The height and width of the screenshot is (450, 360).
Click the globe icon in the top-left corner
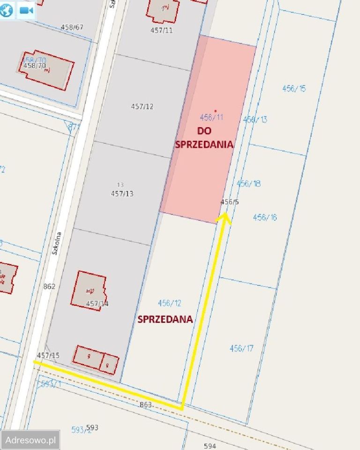click(x=7, y=10)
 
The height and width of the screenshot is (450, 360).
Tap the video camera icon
click(x=26, y=10)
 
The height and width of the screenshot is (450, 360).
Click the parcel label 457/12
click(x=142, y=106)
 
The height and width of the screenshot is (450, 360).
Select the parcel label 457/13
click(x=122, y=193)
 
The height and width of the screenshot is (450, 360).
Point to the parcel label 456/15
click(x=294, y=88)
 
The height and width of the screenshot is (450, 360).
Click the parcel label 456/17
click(x=241, y=348)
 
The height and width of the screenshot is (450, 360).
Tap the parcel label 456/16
click(x=265, y=217)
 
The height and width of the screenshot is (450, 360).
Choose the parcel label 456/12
click(x=169, y=303)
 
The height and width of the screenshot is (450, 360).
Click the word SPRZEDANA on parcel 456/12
click(x=165, y=319)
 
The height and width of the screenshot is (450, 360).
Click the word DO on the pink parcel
click(x=204, y=131)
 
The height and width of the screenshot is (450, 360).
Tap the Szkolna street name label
click(x=57, y=244)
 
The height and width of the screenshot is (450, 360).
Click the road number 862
click(x=49, y=286)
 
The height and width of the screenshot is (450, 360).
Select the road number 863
click(x=146, y=404)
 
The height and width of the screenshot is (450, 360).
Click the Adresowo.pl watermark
click(x=30, y=440)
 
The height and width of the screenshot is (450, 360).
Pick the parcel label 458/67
click(x=72, y=27)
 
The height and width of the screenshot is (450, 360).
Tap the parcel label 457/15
click(x=48, y=355)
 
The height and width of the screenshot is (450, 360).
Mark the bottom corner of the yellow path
click(x=182, y=409)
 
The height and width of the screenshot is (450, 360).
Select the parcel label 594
click(x=210, y=446)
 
